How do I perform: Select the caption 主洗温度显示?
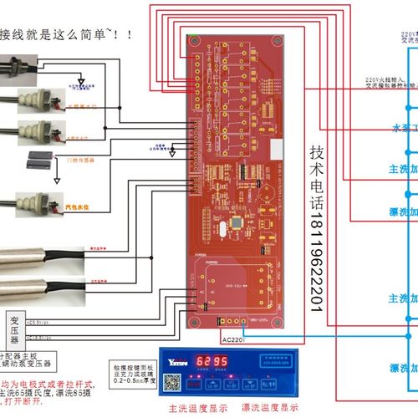[196, 407]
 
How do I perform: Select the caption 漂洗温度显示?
[267, 407]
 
